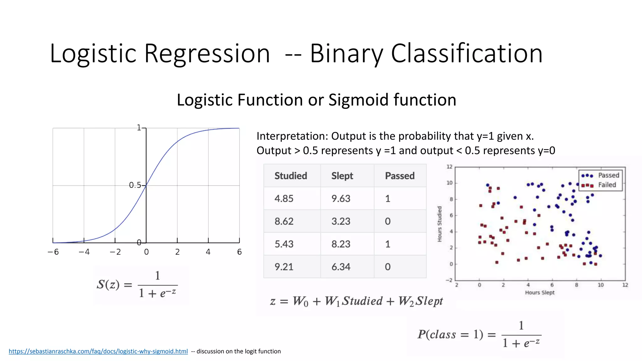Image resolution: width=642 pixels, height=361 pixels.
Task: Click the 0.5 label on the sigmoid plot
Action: [135, 185]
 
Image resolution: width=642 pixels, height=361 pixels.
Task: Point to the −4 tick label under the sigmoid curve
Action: [84, 252]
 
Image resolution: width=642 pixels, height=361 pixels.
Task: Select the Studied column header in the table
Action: [291, 176]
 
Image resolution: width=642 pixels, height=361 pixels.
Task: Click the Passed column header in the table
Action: [400, 176]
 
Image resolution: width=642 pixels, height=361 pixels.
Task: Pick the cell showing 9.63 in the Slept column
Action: [341, 199]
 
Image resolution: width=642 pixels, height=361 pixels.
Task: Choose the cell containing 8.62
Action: [284, 222]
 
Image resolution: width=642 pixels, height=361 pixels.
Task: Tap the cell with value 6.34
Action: [341, 267]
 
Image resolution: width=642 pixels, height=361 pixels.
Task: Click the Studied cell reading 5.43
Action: [284, 244]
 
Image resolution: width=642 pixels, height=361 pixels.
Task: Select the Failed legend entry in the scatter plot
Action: [607, 185]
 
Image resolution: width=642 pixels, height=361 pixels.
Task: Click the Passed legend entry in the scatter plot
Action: [608, 175]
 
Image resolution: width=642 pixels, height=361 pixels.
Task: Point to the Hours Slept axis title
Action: [539, 292]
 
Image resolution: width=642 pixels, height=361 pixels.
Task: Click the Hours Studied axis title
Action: [439, 224]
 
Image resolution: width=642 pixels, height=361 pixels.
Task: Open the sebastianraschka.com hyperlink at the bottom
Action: [98, 351]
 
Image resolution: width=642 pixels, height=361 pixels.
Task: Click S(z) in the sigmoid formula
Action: [108, 285]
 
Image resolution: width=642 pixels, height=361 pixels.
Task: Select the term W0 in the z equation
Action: [300, 301]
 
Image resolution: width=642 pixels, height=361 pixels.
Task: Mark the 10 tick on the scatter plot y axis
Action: [450, 183]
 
